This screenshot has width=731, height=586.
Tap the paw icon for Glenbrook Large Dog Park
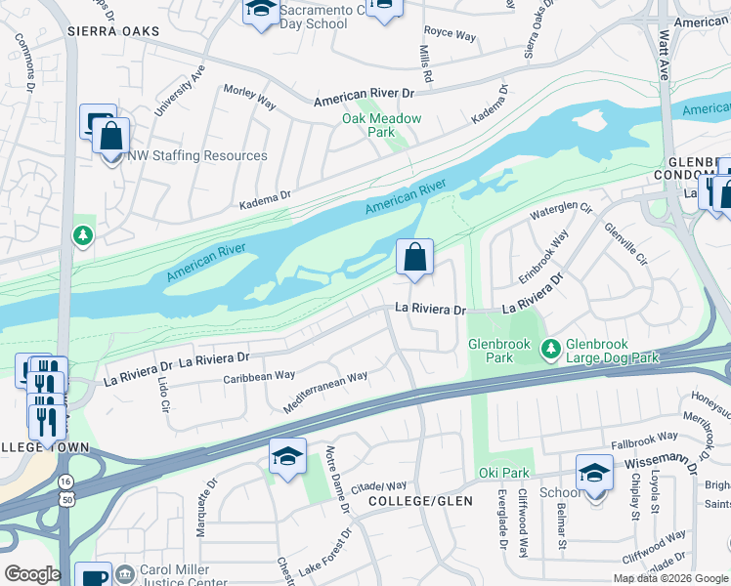pyautogui.click(x=552, y=347)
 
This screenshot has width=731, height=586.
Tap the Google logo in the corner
pyautogui.click(x=31, y=574)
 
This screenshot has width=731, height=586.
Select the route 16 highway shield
pyautogui.click(x=64, y=481)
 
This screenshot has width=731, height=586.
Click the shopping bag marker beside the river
pyautogui.click(x=414, y=259)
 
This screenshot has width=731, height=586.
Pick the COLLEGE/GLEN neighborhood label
pyautogui.click(x=420, y=501)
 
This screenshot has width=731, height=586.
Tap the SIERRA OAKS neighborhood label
pyautogui.click(x=106, y=31)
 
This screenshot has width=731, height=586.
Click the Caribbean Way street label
pyautogui.click(x=259, y=376)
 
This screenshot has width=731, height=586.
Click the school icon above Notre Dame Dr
pyautogui.click(x=287, y=457)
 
